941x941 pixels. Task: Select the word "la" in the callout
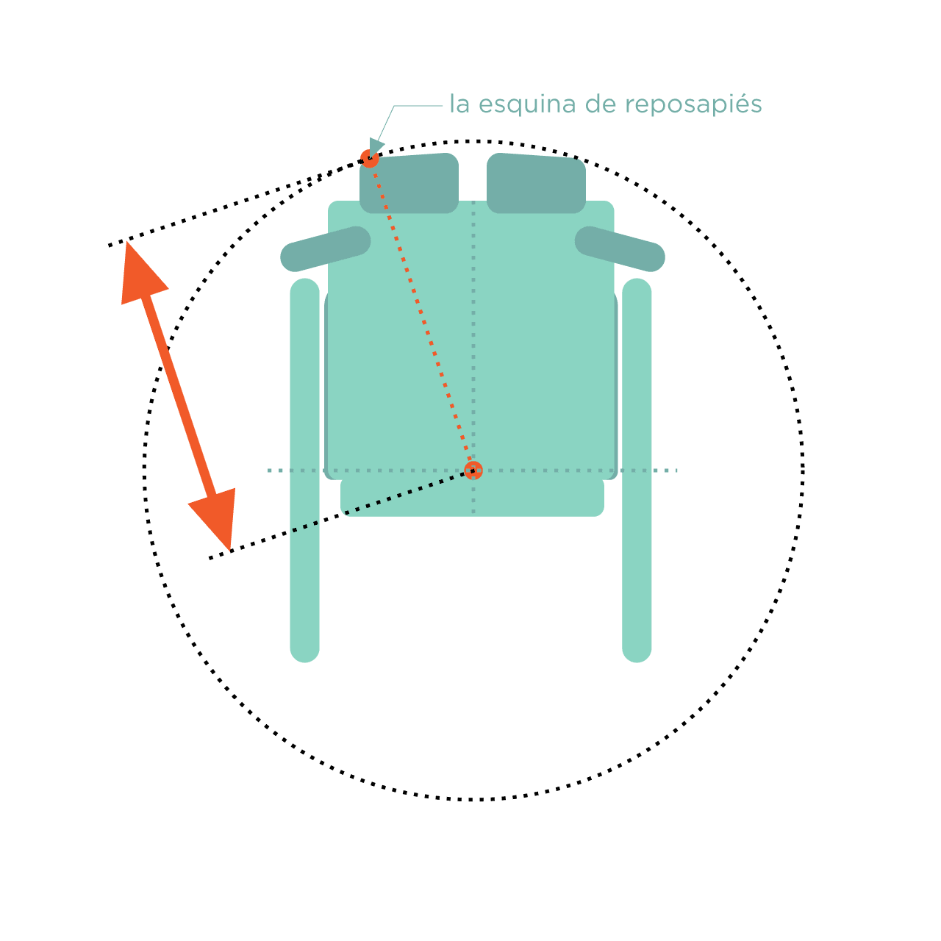coord(459,104)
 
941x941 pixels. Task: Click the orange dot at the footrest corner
coord(369,159)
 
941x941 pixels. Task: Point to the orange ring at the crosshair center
coord(473,470)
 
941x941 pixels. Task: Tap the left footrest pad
coord(409,183)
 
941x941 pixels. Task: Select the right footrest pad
coord(536,183)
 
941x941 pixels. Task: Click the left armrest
coord(325,249)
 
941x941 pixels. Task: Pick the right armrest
coord(619,249)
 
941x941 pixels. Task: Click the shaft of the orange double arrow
coord(178,396)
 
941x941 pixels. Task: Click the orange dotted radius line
coord(421,315)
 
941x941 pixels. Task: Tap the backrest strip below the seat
coord(472,498)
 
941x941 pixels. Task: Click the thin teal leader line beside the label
coord(408,117)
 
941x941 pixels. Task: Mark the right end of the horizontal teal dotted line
coord(676,470)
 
